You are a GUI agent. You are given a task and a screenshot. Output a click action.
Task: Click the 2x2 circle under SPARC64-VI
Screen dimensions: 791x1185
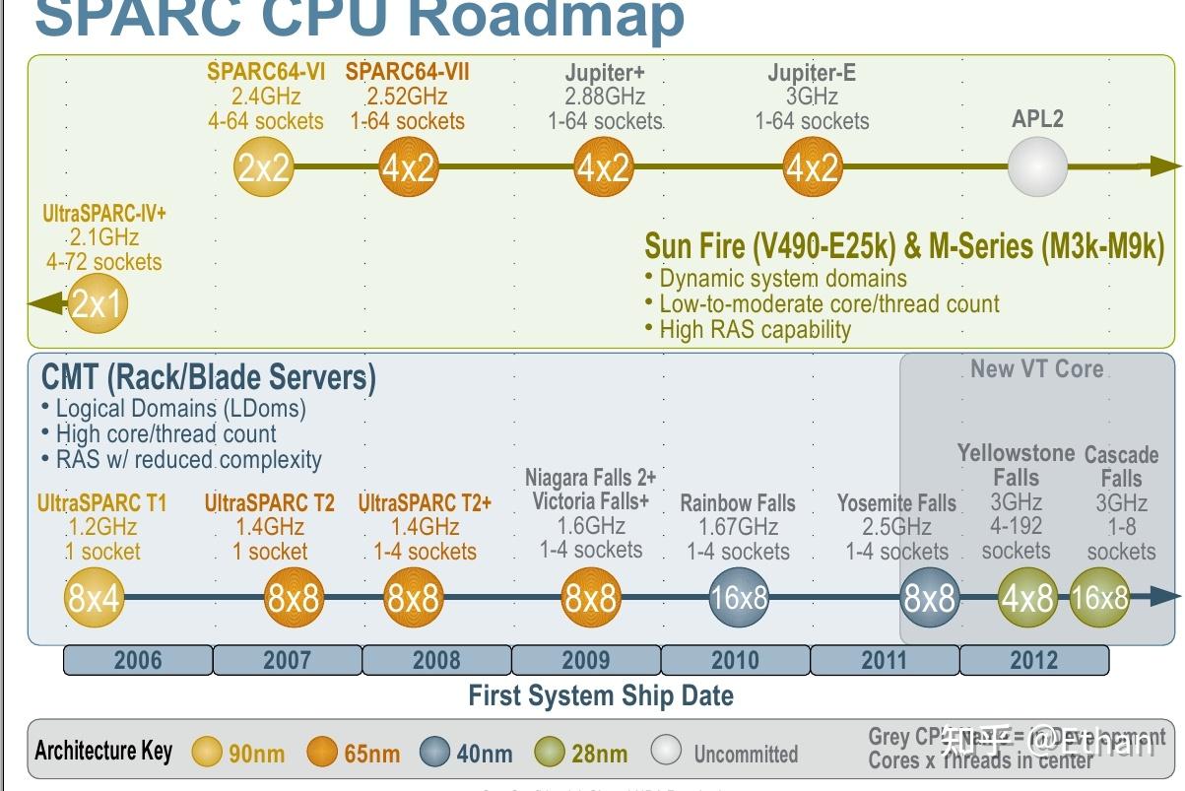pos(264,167)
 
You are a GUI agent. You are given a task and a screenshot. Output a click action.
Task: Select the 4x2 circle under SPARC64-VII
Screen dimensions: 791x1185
pos(408,167)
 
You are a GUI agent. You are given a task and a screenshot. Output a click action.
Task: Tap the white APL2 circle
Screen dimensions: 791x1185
pos(1037,166)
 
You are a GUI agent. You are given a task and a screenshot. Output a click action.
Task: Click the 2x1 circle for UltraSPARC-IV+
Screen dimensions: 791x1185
pos(99,302)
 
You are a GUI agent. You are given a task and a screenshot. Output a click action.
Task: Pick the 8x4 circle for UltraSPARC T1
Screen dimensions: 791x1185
pos(94,597)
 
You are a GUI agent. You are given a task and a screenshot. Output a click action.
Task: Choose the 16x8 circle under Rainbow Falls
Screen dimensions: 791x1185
pos(739,597)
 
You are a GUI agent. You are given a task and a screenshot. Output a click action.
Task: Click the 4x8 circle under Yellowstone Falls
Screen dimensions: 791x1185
pos(1027,597)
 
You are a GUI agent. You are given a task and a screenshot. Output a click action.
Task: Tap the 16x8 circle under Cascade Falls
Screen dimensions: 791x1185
pos(1099,597)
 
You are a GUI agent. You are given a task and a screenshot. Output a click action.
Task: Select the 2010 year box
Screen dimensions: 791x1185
pos(735,660)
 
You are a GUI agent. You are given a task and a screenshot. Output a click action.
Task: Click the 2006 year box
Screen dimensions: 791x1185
pos(138,660)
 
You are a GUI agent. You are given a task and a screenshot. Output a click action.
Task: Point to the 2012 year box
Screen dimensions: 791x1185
pos(1033,660)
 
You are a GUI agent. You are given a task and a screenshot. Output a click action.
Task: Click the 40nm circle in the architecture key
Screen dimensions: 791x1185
pos(434,753)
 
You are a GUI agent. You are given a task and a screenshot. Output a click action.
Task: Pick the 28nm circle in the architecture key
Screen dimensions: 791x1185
pos(549,753)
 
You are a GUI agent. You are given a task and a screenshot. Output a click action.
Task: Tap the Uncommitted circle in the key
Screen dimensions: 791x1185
pos(666,751)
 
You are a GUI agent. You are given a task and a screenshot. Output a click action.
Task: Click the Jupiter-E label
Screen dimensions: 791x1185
pos(812,73)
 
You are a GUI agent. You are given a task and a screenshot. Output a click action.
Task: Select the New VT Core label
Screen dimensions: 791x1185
pos(1036,369)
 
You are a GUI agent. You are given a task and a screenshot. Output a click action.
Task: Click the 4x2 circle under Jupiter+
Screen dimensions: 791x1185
pos(603,167)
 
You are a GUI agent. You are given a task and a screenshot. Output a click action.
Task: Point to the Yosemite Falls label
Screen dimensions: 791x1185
pos(896,503)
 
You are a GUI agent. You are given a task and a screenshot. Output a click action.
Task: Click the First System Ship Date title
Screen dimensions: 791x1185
pos(601,696)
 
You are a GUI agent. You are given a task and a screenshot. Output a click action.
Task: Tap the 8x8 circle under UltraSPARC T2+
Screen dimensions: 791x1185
pos(413,597)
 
